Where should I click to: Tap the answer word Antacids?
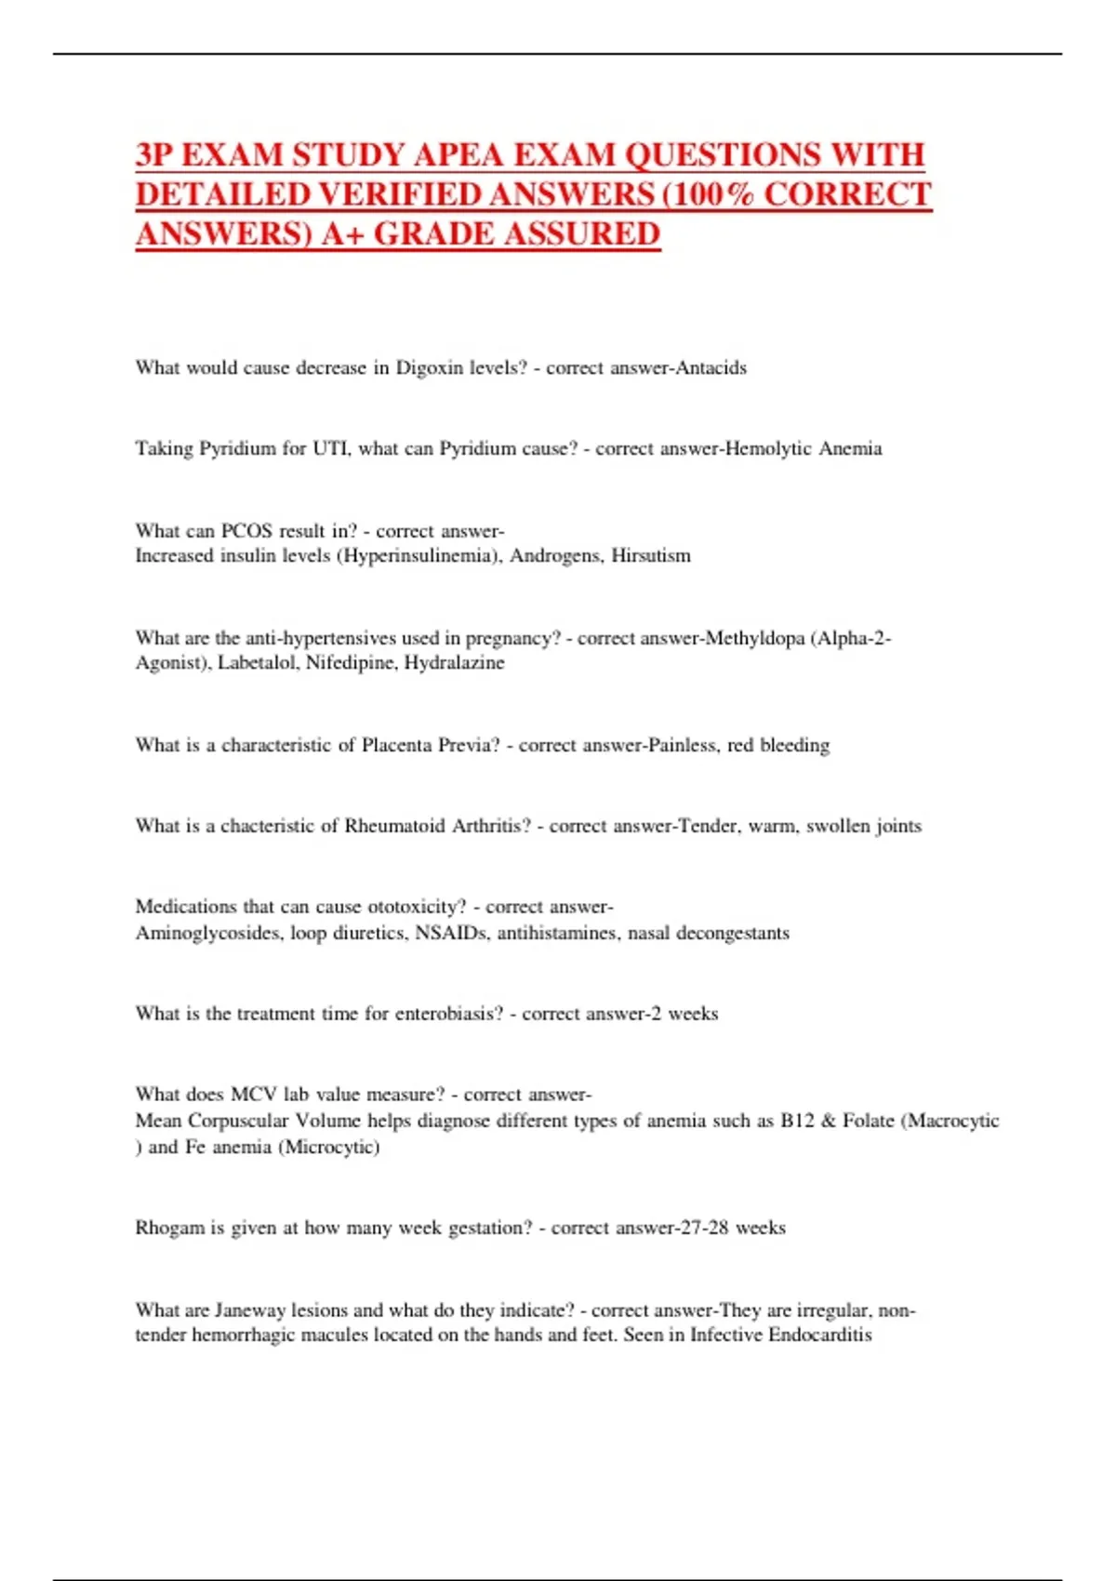click(x=711, y=368)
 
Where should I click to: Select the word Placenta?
click(x=397, y=745)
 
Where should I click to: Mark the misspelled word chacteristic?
click(x=268, y=826)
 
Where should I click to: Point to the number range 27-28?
click(x=704, y=1229)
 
